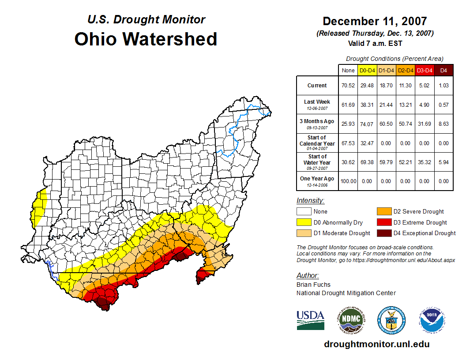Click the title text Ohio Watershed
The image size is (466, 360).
click(146, 39)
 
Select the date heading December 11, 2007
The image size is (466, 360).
click(375, 21)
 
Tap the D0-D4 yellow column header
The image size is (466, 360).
click(367, 70)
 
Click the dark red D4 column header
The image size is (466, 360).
click(443, 70)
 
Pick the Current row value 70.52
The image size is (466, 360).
click(348, 86)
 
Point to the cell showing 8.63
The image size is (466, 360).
click(443, 124)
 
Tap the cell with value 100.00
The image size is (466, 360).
click(348, 181)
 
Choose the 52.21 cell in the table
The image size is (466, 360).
click(406, 162)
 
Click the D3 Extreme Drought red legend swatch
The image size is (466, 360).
click(383, 222)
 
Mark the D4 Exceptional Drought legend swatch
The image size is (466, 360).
click(383, 233)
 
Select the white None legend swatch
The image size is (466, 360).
click(304, 212)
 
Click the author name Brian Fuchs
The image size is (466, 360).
click(313, 285)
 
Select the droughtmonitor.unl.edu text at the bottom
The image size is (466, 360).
click(376, 344)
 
